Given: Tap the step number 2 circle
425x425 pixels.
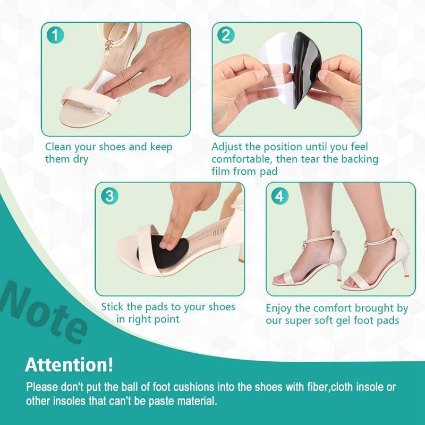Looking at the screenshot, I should pos(226,36).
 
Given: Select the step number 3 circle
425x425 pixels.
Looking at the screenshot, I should pos(109,195).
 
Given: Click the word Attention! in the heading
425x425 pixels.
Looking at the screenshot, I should pos(69,365).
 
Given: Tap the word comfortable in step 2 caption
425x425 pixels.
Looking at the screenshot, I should pos(239,159).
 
